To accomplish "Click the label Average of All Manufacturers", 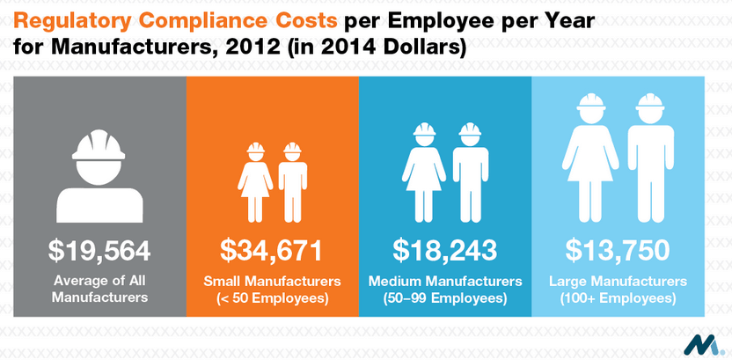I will [99, 290].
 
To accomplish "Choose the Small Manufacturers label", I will [272, 282].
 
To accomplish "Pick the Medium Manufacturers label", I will [444, 282].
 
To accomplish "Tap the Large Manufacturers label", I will [617, 282].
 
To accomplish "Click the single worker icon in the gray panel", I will [99, 172].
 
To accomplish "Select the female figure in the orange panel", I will [254, 180].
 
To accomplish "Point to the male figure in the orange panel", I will [290, 180].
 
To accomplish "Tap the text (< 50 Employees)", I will [272, 298].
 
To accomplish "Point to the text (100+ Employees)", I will [617, 298].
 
